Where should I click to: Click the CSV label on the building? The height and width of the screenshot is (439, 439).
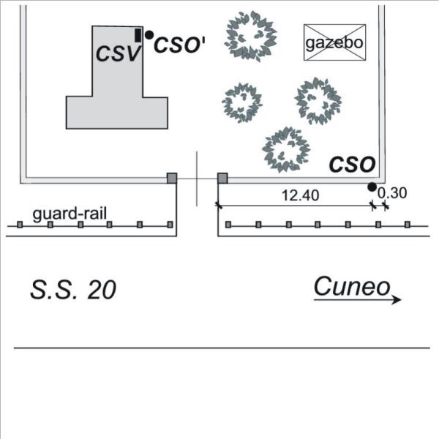point(118,53)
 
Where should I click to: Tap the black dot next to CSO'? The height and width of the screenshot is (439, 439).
point(149,34)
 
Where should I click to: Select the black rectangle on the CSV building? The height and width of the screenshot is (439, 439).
point(138,36)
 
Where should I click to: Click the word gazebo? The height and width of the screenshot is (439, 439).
point(334,43)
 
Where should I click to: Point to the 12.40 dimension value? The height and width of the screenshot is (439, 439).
point(301,195)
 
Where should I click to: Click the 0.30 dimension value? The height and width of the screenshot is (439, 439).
point(392,193)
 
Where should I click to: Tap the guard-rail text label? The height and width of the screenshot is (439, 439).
point(70,214)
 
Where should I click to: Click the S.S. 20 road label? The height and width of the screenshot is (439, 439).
point(73,290)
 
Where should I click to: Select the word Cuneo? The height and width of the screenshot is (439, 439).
point(352,286)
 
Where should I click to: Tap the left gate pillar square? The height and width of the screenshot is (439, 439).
point(172,178)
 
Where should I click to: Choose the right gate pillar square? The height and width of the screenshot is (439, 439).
point(222,178)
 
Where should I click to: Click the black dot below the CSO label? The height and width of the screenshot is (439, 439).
point(372,187)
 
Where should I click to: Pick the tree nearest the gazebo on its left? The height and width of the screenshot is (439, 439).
point(251,37)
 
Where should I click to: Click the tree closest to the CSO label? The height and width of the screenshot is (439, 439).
point(286,150)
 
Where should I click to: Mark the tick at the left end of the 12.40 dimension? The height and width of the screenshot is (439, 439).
point(219,206)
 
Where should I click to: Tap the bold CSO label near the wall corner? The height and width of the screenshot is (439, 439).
point(352,165)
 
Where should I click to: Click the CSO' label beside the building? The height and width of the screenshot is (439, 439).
point(179,45)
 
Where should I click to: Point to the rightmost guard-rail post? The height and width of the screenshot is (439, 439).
point(408,225)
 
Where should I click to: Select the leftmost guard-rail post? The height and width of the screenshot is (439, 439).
point(20,225)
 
